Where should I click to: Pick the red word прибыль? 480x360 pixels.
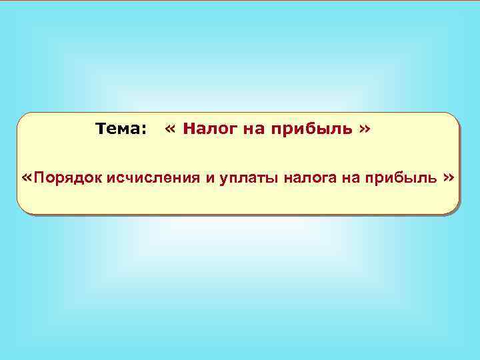tap(311, 128)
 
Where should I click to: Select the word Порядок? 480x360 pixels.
tap(67, 178)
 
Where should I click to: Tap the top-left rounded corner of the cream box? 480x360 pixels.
tap(21, 117)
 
